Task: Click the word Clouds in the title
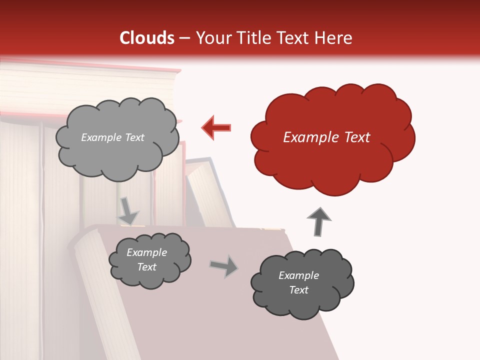(x=147, y=38)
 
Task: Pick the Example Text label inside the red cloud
(x=326, y=137)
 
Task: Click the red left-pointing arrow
(x=217, y=127)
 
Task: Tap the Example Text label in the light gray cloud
(x=112, y=137)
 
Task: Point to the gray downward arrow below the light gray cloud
(x=128, y=210)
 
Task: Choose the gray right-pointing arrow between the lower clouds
(x=223, y=266)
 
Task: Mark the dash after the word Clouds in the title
(x=184, y=38)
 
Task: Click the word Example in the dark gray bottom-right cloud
(x=298, y=275)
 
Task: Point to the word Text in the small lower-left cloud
(x=147, y=267)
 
